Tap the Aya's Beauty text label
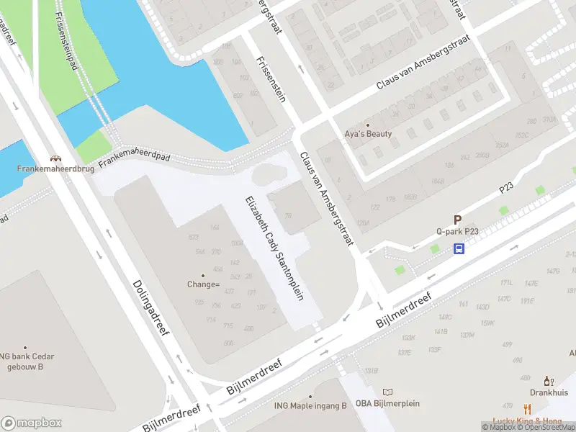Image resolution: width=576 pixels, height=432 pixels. [368, 134]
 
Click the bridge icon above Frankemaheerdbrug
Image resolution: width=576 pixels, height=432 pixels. [55, 158]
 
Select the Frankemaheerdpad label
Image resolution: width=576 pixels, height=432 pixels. [134, 151]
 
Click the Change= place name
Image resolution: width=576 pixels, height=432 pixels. [203, 284]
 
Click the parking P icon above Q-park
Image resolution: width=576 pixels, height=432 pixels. [457, 220]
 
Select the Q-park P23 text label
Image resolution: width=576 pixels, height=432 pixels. [457, 232]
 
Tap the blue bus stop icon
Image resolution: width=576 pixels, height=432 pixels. [459, 249]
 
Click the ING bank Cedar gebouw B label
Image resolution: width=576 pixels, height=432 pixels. [22, 361]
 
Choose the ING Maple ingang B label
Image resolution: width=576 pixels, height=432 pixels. [310, 405]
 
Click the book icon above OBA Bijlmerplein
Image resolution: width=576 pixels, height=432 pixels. [388, 392]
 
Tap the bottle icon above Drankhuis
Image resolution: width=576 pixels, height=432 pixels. [549, 381]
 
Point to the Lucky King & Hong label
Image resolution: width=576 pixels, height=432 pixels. [527, 421]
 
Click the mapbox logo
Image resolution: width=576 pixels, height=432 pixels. [31, 423]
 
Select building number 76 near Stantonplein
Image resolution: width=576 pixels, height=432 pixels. [287, 215]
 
